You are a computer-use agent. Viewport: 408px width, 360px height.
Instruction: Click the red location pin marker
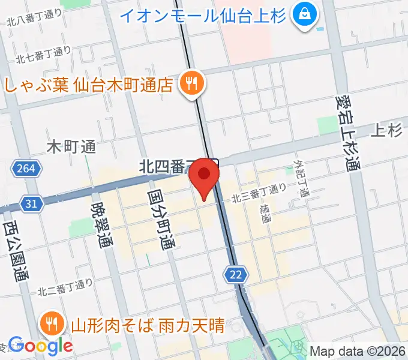[x=204, y=176]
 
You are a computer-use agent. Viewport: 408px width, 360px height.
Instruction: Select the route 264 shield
[x=25, y=169]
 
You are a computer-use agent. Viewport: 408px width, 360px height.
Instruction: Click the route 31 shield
[x=31, y=204]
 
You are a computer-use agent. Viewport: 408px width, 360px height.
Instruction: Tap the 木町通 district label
[x=71, y=146]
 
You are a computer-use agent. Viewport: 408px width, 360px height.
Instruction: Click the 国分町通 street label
[x=159, y=220]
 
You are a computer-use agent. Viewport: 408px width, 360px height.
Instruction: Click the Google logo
[x=40, y=344]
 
